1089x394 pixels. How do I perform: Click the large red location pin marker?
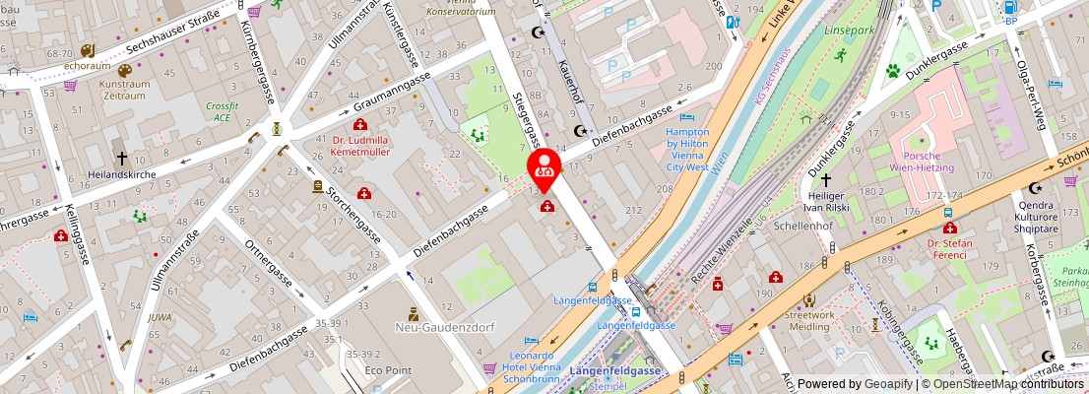coord(544,168)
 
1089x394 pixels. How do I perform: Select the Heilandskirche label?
coord(122,173)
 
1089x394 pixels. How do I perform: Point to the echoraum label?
coord(87,66)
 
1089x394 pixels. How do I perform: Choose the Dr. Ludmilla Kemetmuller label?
coord(360,146)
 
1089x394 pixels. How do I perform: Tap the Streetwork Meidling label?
coord(810,322)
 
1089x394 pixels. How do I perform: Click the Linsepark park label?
coord(848,32)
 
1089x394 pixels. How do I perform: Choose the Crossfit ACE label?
coord(224,110)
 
